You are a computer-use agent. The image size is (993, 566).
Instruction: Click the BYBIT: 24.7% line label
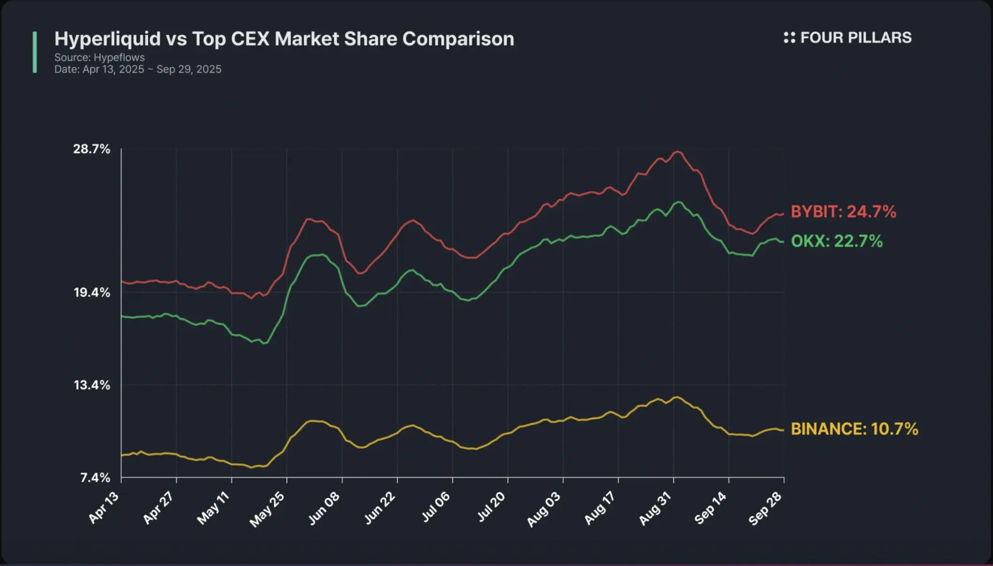tap(843, 212)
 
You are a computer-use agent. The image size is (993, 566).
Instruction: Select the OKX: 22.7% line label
tap(836, 241)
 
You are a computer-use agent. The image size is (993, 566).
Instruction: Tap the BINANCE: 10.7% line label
tap(854, 429)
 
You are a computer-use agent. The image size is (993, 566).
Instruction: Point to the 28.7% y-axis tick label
tap(91, 149)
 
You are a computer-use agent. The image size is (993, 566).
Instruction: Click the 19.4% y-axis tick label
tap(92, 292)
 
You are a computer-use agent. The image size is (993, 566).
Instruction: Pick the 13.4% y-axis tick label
tap(92, 385)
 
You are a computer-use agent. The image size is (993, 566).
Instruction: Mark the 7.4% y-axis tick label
tap(95, 477)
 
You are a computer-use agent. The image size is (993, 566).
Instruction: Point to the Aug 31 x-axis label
tap(655, 509)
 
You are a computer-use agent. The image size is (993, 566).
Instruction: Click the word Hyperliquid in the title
tap(107, 39)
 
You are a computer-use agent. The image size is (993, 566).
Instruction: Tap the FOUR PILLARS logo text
tap(855, 38)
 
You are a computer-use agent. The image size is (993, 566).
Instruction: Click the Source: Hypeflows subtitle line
tap(99, 58)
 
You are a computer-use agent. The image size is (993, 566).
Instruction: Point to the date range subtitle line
tap(138, 69)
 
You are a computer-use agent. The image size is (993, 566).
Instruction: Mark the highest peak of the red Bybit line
tap(678, 151)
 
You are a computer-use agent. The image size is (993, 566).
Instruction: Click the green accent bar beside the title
tap(35, 52)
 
